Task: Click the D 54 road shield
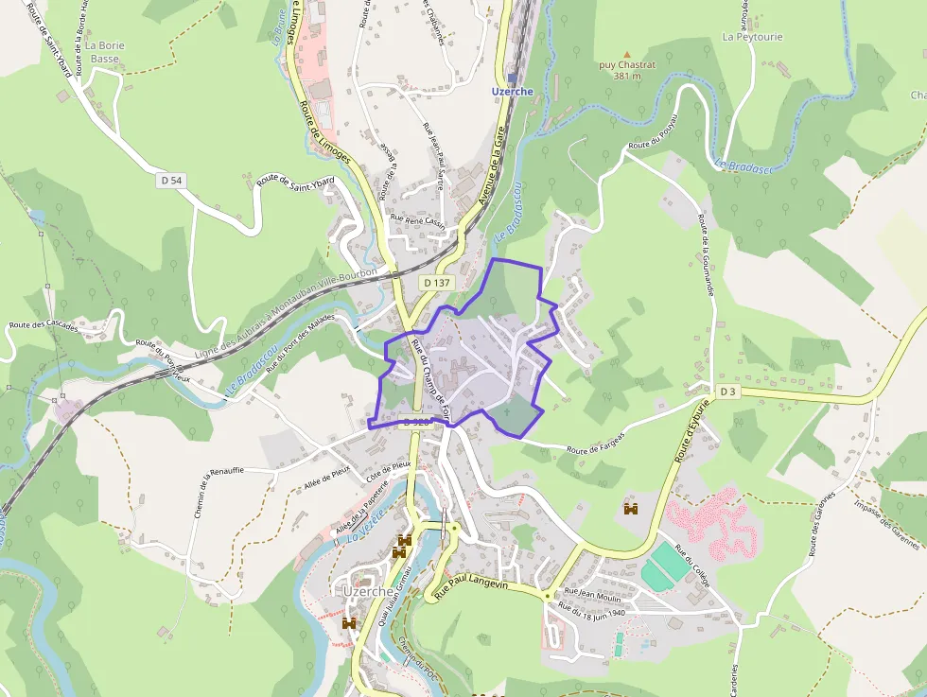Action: click(170, 180)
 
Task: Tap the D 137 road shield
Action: click(436, 283)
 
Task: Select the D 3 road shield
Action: click(727, 392)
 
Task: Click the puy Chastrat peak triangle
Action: click(626, 55)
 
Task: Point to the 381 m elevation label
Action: click(626, 76)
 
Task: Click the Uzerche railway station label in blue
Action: click(513, 92)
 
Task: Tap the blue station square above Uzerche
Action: click(513, 78)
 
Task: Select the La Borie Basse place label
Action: click(104, 51)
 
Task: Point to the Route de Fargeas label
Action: click(596, 443)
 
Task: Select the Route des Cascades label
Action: click(44, 324)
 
